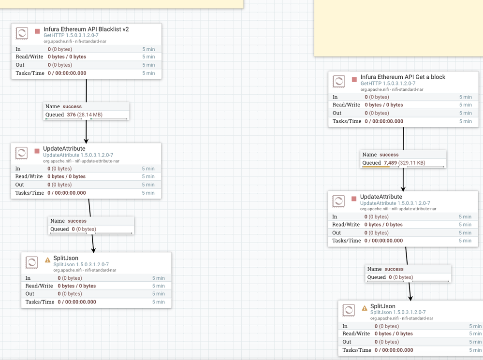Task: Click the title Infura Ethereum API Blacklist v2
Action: coord(86,29)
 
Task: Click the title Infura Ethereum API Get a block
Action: coord(403,77)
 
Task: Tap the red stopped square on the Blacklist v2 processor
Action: coord(37,31)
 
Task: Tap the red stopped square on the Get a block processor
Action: coord(354,79)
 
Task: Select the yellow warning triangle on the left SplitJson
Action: coord(47,260)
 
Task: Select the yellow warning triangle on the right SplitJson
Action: coord(365,308)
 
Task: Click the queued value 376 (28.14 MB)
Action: coord(85,115)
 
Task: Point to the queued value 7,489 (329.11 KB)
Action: coord(404,163)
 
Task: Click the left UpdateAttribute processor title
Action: coord(64,148)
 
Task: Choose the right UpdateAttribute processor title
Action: coord(381,197)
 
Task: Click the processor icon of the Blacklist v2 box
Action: coord(22,33)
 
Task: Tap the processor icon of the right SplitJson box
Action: coord(349,310)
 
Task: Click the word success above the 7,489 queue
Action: coord(389,155)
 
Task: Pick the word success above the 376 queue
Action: coord(72,106)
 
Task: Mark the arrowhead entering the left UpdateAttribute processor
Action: coord(87,140)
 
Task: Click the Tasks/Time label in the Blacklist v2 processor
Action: coord(30,73)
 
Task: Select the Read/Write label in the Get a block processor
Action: coord(346,105)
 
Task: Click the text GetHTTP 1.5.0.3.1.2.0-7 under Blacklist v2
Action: coord(71,35)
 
